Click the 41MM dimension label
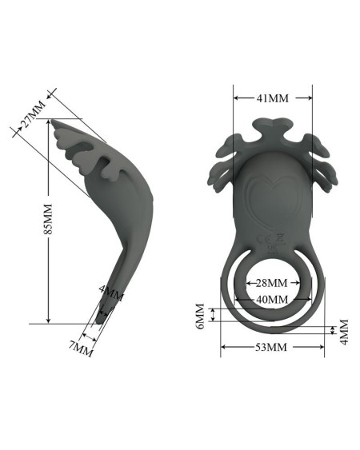pyautogui.click(x=272, y=98)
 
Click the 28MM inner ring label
pyautogui.click(x=271, y=283)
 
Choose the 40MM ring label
pyautogui.click(x=272, y=298)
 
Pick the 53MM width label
pyautogui.click(x=271, y=347)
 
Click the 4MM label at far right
pyautogui.click(x=343, y=330)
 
